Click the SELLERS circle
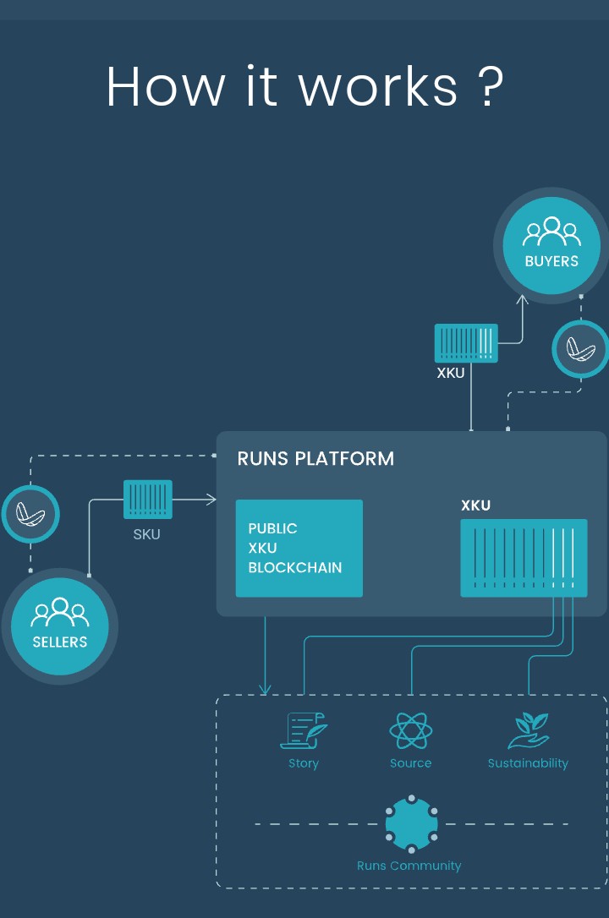click(59, 626)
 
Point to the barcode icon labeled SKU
click(148, 499)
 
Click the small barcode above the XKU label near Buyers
click(466, 343)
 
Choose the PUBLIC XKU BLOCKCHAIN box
click(299, 548)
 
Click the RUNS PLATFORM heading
click(315, 459)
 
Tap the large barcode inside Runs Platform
click(524, 558)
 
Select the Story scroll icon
click(303, 731)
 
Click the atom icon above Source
click(411, 730)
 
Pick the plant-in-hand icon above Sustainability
click(528, 730)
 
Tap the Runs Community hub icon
click(411, 824)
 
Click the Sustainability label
click(528, 763)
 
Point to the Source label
click(411, 763)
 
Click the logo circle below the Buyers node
click(580, 348)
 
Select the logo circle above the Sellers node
click(30, 513)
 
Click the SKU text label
click(146, 534)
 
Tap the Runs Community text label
click(409, 866)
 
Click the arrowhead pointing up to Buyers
click(522, 298)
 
